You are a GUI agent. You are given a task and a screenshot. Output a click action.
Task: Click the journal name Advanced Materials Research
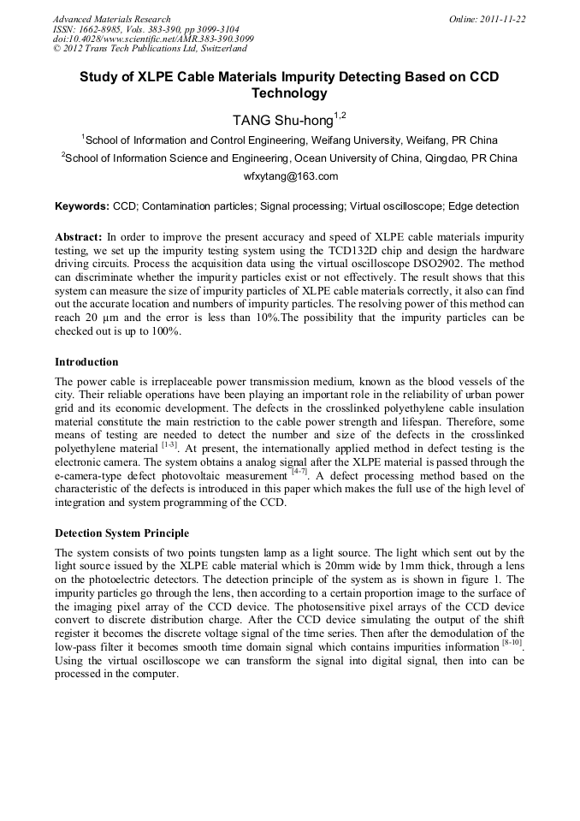click(x=111, y=19)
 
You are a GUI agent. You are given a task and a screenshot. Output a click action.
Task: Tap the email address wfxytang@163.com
click(x=291, y=176)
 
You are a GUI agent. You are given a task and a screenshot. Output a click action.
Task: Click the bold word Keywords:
click(x=82, y=207)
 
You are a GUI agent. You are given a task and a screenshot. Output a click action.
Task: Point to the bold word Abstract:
click(x=79, y=235)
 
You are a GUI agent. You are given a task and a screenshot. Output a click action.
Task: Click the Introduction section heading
click(x=86, y=362)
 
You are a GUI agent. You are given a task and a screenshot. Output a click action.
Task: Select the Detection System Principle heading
click(x=121, y=533)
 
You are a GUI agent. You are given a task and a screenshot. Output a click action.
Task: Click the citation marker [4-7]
click(x=299, y=471)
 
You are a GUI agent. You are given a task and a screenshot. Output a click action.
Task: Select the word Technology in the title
click(x=289, y=93)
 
